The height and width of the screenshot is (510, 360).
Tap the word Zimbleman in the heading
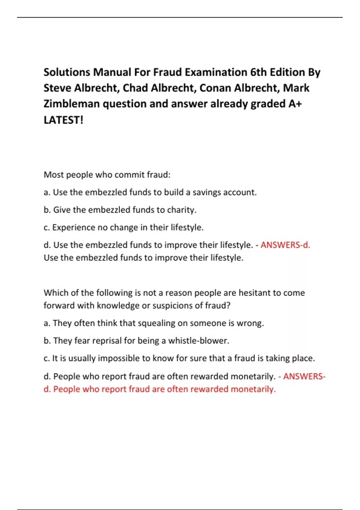click(x=71, y=104)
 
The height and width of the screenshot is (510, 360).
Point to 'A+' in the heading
click(x=295, y=104)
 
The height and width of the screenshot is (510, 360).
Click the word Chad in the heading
click(x=135, y=88)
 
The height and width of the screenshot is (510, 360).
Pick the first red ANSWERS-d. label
click(x=285, y=245)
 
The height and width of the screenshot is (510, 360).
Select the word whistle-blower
click(x=198, y=341)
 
